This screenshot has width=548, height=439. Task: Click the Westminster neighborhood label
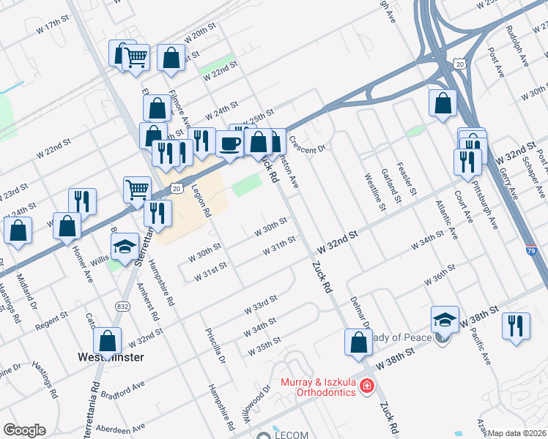[111, 358]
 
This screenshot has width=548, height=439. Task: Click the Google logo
[24, 430]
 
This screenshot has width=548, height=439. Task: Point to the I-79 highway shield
[531, 251]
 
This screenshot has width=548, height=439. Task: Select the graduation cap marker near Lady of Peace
[445, 319]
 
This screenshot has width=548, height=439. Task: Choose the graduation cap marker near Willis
[126, 247]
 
